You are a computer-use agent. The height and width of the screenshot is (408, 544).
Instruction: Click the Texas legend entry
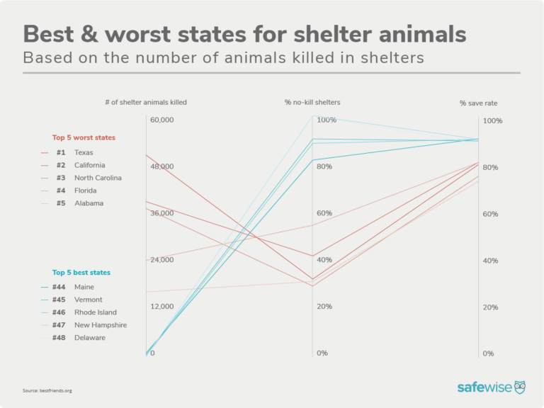tap(83, 152)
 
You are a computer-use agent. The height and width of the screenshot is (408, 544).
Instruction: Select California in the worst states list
tap(89, 165)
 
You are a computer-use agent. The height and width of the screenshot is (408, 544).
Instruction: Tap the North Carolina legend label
tap(98, 178)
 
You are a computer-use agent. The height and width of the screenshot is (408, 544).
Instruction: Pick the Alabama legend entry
tap(89, 203)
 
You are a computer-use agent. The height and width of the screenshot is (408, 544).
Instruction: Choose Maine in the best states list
tap(85, 287)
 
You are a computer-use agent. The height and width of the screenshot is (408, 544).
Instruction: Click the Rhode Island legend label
tap(95, 312)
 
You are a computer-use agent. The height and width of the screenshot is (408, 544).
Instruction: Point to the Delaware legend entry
tap(89, 338)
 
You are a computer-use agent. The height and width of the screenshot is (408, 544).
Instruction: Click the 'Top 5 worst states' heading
tap(84, 137)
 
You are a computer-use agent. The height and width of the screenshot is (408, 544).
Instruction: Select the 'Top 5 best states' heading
tap(81, 272)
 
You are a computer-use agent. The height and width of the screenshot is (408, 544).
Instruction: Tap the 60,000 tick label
tap(162, 120)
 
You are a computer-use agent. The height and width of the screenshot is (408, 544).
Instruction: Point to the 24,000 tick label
tap(162, 260)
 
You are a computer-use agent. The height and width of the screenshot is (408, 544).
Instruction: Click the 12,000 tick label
tap(162, 307)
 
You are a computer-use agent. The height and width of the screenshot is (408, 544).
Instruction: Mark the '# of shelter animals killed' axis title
tap(146, 103)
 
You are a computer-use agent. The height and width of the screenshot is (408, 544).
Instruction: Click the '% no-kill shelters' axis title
tap(312, 103)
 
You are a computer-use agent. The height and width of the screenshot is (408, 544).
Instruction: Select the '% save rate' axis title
tap(478, 103)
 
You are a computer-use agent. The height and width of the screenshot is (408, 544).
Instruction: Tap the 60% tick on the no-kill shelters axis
tap(324, 213)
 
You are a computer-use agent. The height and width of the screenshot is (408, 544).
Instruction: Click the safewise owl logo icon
tap(520, 387)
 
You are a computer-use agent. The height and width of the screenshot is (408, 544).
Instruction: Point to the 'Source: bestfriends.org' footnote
tap(47, 390)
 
